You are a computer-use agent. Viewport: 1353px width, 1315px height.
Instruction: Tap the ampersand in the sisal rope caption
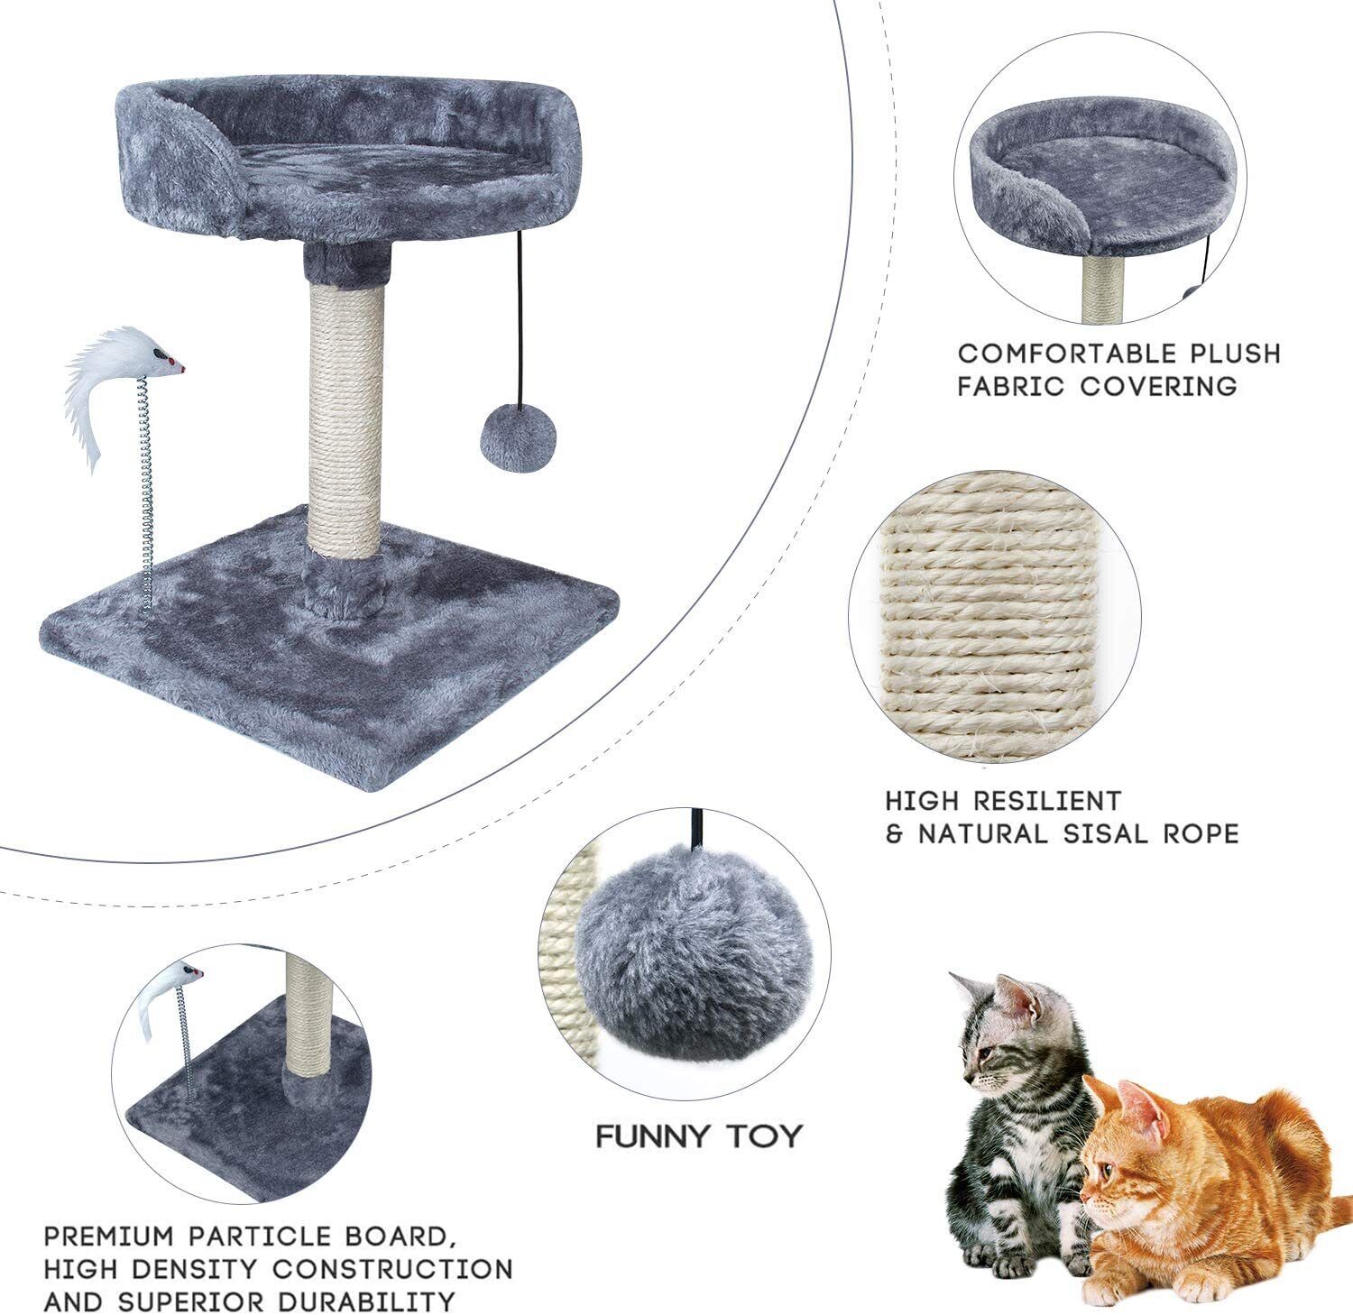pyautogui.click(x=896, y=833)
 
